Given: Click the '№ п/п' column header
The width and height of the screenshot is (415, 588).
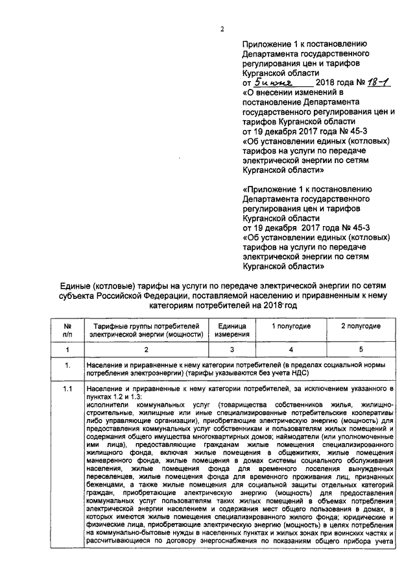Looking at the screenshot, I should [x=67, y=329].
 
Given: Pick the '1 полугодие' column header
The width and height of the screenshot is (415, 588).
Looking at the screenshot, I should [x=290, y=325].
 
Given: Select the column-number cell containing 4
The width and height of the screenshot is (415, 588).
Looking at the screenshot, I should [x=290, y=350].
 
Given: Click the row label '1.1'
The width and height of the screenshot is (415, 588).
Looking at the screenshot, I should [x=67, y=389].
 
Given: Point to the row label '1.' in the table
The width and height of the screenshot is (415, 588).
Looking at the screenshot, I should [x=67, y=366].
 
